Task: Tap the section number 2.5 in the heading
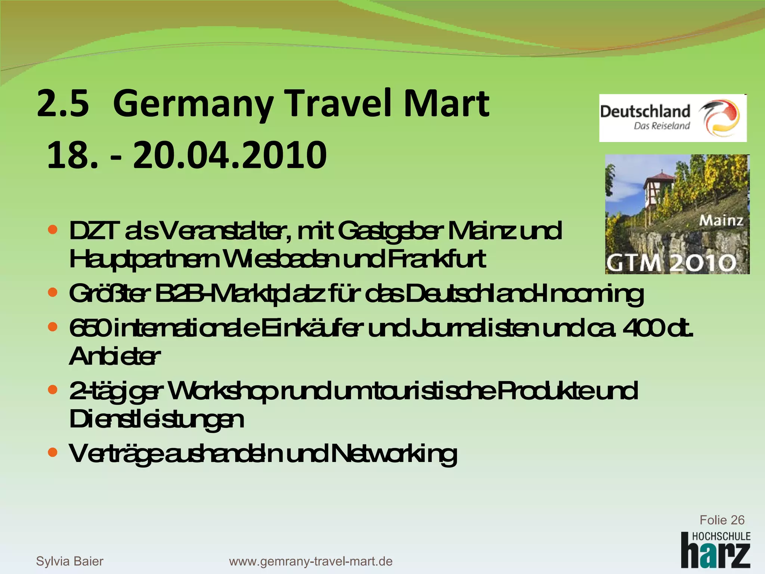[x=63, y=104]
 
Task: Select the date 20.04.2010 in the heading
[x=229, y=155]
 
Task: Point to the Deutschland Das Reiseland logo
[x=672, y=118]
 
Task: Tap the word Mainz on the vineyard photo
[x=721, y=220]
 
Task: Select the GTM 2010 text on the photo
[x=671, y=263]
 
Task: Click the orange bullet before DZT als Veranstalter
[x=53, y=229]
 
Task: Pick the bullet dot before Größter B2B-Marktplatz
[x=53, y=292]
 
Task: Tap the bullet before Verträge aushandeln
[x=53, y=453]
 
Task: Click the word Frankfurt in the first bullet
[x=437, y=259]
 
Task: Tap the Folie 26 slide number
[x=722, y=520]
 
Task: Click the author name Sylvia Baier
[x=69, y=561]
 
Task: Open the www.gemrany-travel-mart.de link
[x=311, y=561]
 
